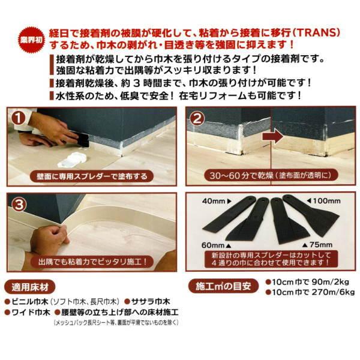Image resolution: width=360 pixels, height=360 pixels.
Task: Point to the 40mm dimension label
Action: click(x=214, y=200)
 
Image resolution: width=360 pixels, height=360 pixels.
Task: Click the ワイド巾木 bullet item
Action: click(x=32, y=313)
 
